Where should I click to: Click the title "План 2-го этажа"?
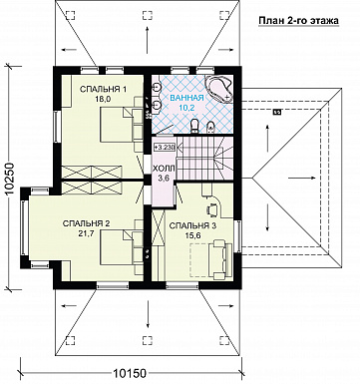298,21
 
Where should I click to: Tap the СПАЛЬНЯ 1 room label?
104,89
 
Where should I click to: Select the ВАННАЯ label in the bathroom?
186,98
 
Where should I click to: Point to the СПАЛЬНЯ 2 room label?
86,223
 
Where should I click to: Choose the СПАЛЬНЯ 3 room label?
192,226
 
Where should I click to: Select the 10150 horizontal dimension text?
130,373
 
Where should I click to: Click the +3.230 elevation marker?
165,147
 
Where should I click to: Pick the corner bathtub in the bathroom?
219,89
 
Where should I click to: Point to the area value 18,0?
104,98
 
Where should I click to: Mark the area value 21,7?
86,233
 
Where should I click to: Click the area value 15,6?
192,235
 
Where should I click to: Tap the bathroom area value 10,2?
186,107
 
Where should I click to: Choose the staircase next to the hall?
204,159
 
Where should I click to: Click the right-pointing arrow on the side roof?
301,178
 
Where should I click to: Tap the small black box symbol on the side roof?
276,113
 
